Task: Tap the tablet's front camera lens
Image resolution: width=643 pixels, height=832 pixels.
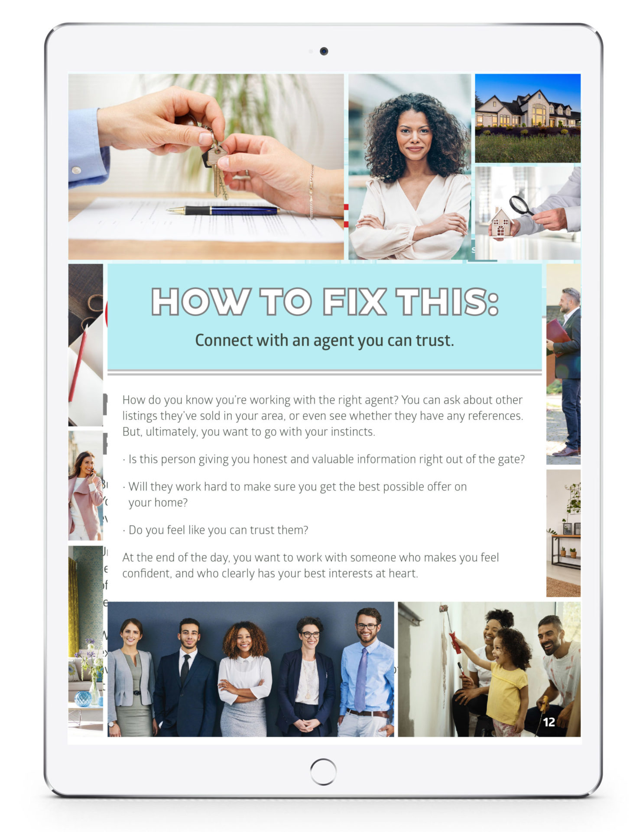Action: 324,51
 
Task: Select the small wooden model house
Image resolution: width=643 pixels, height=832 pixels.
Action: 501,223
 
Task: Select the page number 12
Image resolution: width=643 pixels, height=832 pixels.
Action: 549,722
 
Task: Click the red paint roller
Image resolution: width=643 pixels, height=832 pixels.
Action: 455,642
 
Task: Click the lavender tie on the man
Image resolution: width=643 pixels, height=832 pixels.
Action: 360,678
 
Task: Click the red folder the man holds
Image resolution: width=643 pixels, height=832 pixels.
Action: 557,334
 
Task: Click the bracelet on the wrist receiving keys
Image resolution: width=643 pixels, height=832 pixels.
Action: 311,191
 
